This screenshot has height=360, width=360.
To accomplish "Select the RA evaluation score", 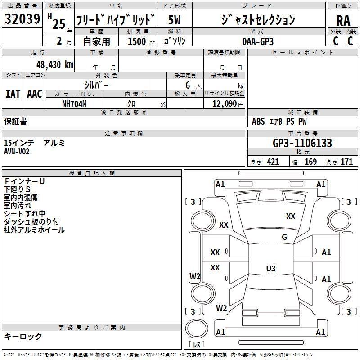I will pos(343,20).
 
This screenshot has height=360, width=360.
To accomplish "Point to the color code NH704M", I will pos(74,103).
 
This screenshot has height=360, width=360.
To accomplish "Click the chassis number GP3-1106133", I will pos(302,143).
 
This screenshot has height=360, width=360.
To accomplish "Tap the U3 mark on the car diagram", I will pos(270,269).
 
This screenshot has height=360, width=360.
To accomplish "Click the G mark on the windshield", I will pos(284,237).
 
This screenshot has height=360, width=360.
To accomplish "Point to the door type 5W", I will pos(174,20).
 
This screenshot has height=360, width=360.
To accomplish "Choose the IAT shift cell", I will pos(13,94).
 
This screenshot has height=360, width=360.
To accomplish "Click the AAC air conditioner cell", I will pos(35,94).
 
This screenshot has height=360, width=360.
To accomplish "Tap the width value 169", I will pos(310,162).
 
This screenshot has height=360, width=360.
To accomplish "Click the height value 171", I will pos(346,162).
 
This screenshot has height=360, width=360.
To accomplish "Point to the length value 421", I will pos(273,162).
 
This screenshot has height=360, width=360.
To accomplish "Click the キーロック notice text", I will pos(23,336).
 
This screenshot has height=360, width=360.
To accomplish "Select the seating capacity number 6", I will pos(187,85).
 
